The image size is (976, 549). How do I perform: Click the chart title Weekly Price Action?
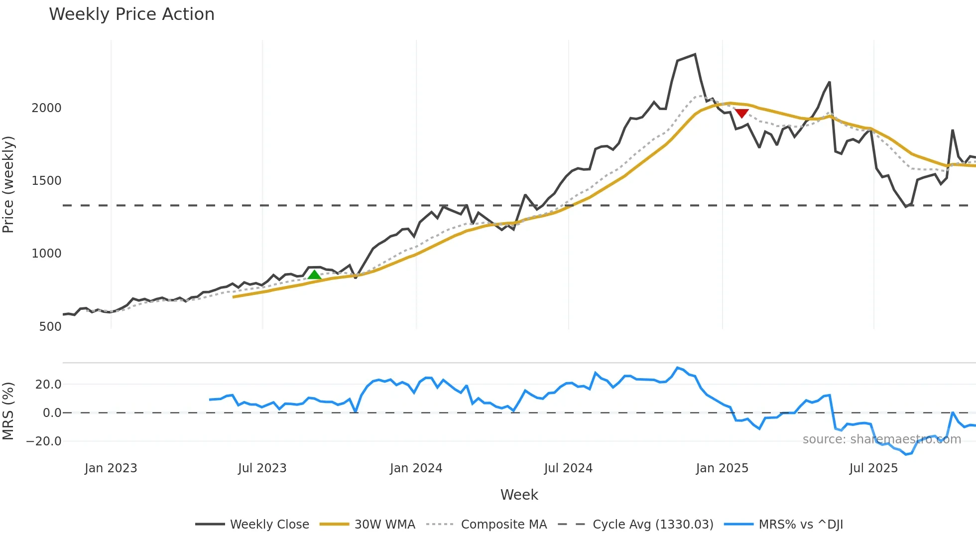[131, 14]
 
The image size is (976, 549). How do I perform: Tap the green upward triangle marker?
[314, 274]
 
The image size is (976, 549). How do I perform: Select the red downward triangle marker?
[742, 114]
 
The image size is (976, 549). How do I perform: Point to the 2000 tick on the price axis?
[46, 108]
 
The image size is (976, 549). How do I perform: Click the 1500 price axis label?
[46, 181]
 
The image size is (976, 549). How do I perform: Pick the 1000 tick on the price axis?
[46, 254]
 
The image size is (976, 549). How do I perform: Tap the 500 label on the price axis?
[50, 327]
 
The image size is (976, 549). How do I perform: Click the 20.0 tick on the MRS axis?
[48, 385]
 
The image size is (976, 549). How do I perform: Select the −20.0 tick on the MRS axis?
[44, 441]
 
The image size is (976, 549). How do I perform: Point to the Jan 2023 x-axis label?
[111, 468]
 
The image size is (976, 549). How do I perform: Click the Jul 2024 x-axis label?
[568, 468]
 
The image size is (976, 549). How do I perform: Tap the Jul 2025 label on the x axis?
[873, 468]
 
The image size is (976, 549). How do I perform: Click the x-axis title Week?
[519, 495]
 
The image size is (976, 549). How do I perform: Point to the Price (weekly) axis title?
[8, 184]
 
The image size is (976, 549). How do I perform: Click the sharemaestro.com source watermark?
[881, 439]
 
